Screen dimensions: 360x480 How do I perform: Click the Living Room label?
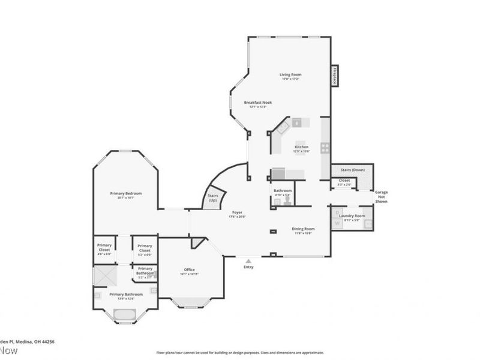(x=291, y=75)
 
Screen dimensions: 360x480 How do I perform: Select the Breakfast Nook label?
(x=257, y=103)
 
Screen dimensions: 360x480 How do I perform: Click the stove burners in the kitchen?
(x=325, y=147)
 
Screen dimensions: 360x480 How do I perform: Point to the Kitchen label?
(x=301, y=147)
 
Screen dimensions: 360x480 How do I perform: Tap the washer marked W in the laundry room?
(x=337, y=223)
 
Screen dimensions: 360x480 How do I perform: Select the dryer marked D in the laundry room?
(x=337, y=213)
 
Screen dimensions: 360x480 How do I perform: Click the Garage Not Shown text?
(x=381, y=197)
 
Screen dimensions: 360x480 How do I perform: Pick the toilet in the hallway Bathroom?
(x=288, y=202)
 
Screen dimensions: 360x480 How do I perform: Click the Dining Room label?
(x=303, y=229)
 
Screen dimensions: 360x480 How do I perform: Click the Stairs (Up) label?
(x=212, y=198)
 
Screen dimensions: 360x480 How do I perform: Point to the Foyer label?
(x=238, y=212)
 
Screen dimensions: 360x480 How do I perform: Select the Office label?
(x=189, y=269)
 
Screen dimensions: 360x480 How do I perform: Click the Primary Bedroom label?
(x=126, y=193)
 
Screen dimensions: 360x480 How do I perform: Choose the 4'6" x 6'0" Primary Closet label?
(x=104, y=248)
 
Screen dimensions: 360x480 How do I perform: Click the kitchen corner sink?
(x=281, y=126)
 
